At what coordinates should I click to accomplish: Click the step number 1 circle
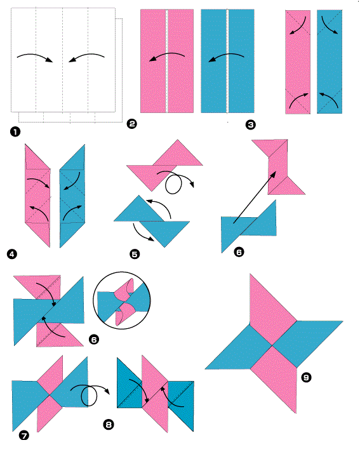point(15,131)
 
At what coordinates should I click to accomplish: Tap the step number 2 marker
point(131,124)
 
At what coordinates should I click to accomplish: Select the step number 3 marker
point(251,125)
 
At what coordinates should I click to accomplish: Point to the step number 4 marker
point(11,254)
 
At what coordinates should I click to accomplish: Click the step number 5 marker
point(135,254)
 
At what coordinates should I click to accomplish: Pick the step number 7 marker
point(24,436)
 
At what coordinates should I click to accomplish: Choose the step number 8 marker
point(109,425)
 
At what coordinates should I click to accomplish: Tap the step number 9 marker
point(306,377)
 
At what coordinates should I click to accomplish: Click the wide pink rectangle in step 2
point(167,61)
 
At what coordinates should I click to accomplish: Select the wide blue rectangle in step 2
point(227,61)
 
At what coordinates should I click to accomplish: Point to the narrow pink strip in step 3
point(298,62)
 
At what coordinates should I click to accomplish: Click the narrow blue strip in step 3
point(330,62)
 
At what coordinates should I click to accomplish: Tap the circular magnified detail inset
point(122,301)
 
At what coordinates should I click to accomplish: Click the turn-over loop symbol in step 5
point(173,184)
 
